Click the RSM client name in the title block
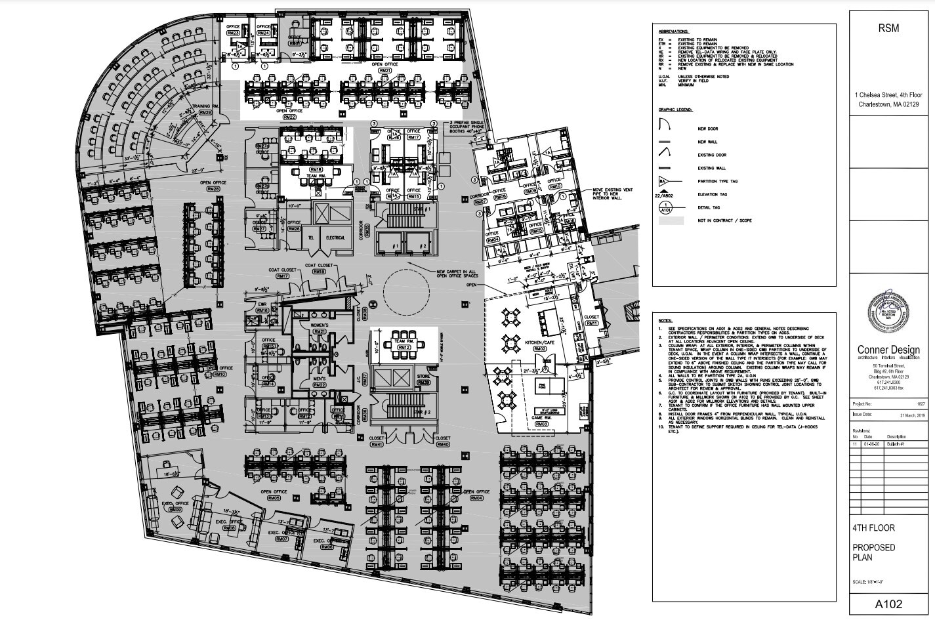[888, 28]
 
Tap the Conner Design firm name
[888, 350]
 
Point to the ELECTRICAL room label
[335, 238]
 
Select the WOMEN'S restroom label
[320, 325]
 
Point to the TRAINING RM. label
[205, 106]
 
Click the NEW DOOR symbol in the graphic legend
[664, 124]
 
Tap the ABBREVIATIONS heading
[673, 31]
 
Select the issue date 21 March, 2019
[909, 415]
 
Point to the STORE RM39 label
[424, 379]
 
